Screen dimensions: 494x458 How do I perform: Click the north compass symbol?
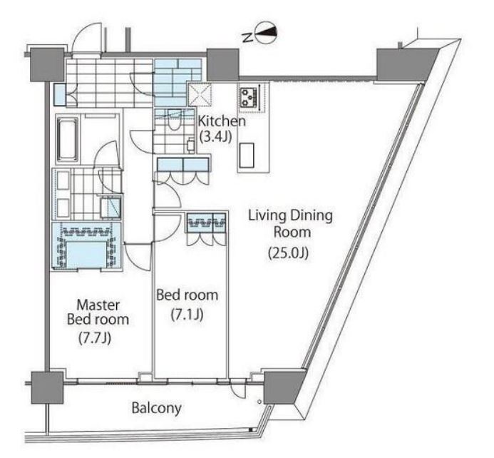tap(266, 33)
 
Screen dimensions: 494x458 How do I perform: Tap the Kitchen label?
tap(222, 121)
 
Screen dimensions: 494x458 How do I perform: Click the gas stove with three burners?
tap(249, 97)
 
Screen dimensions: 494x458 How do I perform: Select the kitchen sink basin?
tap(247, 156)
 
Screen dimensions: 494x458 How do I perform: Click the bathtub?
tap(67, 139)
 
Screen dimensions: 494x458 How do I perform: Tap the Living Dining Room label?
tap(291, 224)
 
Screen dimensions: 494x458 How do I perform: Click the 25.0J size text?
tap(288, 253)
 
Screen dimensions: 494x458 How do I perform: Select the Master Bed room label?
tap(98, 312)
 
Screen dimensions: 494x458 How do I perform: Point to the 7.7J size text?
tap(95, 338)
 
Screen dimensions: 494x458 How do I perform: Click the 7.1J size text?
tap(187, 315)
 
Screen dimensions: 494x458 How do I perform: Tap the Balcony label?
tap(157, 408)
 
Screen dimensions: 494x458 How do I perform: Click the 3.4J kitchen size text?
tap(217, 137)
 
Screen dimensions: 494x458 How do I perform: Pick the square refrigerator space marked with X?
tap(200, 94)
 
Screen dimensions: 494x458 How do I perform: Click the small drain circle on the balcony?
tap(259, 402)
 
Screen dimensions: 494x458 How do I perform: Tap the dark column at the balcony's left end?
tap(47, 387)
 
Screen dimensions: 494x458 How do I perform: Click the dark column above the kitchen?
tap(222, 65)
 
